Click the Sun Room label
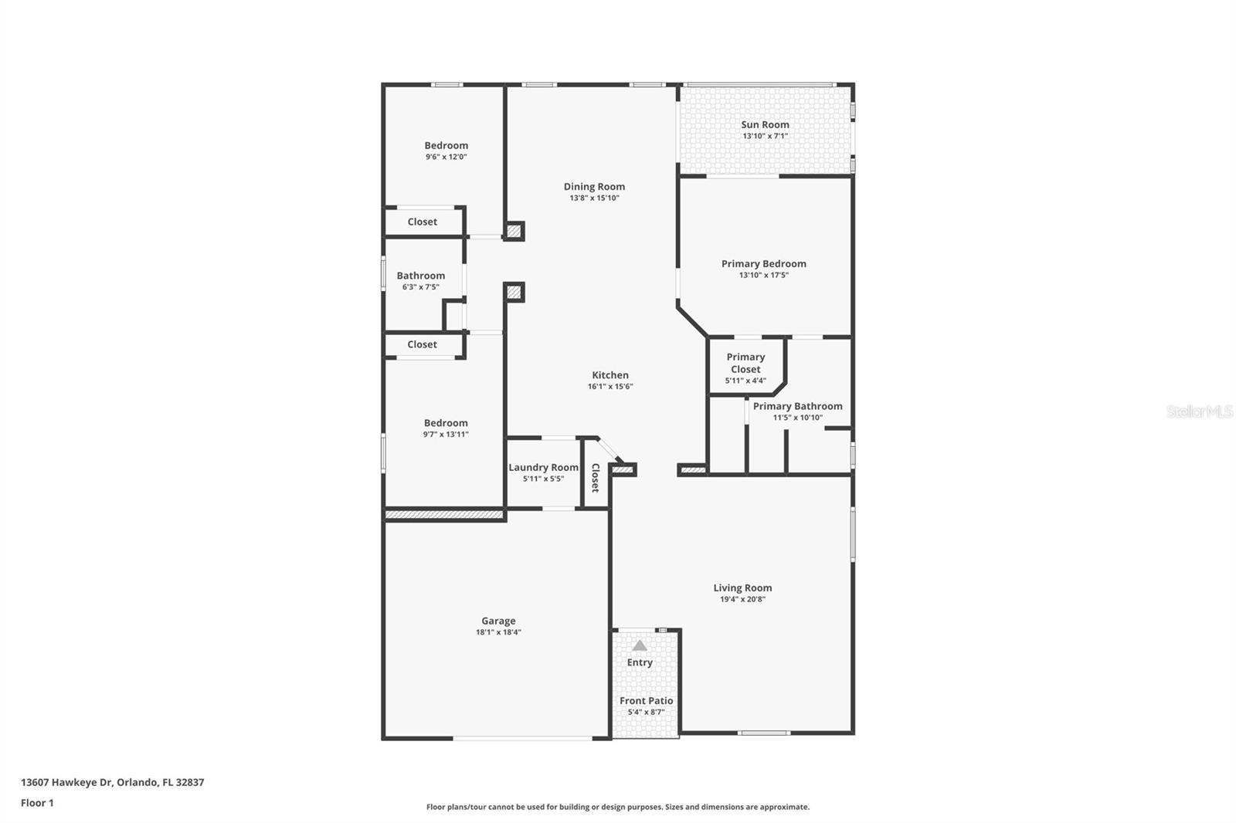tap(765, 124)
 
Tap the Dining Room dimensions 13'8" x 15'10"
tap(594, 198)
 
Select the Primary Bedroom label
tap(763, 263)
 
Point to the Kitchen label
tap(610, 375)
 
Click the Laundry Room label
tap(543, 467)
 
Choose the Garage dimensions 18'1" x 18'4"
tap(498, 632)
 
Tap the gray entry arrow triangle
tap(640, 645)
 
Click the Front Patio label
tap(646, 700)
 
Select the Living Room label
tap(742, 588)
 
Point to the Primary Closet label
tap(745, 363)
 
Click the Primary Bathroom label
tap(797, 406)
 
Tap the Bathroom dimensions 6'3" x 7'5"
tap(420, 287)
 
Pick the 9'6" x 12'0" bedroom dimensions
tap(446, 157)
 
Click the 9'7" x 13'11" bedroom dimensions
tap(446, 435)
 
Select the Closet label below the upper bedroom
tap(422, 222)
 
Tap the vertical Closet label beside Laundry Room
tap(595, 478)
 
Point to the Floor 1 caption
tap(37, 803)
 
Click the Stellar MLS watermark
tap(1199, 411)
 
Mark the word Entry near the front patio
tap(640, 662)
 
